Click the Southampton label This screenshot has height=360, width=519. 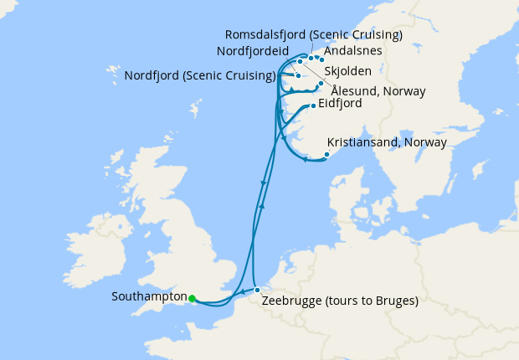[148, 297]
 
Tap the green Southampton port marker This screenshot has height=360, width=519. [193, 298]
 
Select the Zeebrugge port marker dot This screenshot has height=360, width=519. [257, 291]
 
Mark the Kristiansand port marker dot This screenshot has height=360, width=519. [326, 154]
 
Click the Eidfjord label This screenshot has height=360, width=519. [339, 105]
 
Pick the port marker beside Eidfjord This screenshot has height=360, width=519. [313, 105]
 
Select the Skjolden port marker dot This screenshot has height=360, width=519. [321, 83]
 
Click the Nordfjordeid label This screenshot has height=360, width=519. [253, 51]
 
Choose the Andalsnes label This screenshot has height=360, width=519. [352, 50]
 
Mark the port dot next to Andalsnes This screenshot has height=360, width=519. [321, 59]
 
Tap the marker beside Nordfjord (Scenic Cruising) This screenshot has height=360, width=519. [298, 75]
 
